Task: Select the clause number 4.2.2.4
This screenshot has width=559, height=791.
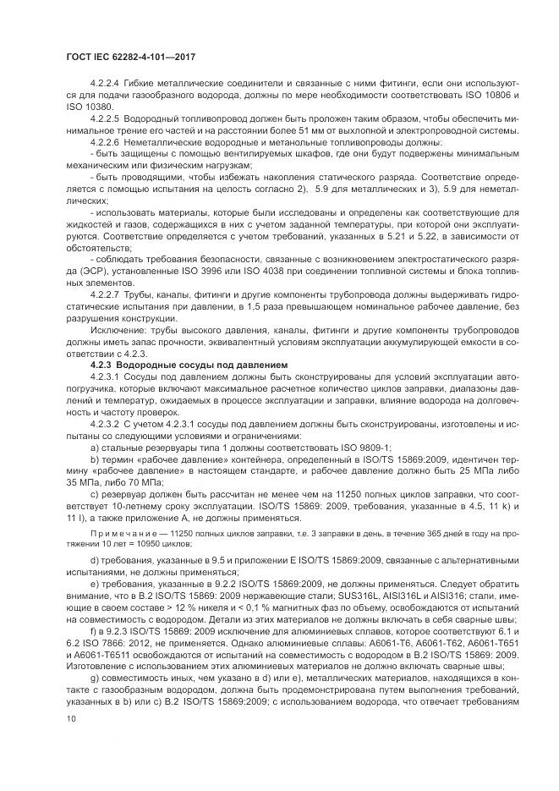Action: pos(107,84)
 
